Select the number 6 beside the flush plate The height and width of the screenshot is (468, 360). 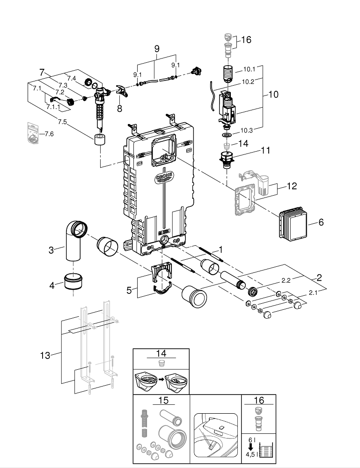321,222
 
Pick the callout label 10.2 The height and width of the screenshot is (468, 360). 248,81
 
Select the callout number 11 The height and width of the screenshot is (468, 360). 265,151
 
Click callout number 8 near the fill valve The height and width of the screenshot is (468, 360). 119,109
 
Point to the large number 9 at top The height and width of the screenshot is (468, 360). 156,48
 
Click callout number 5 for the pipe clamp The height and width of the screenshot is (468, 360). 129,290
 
